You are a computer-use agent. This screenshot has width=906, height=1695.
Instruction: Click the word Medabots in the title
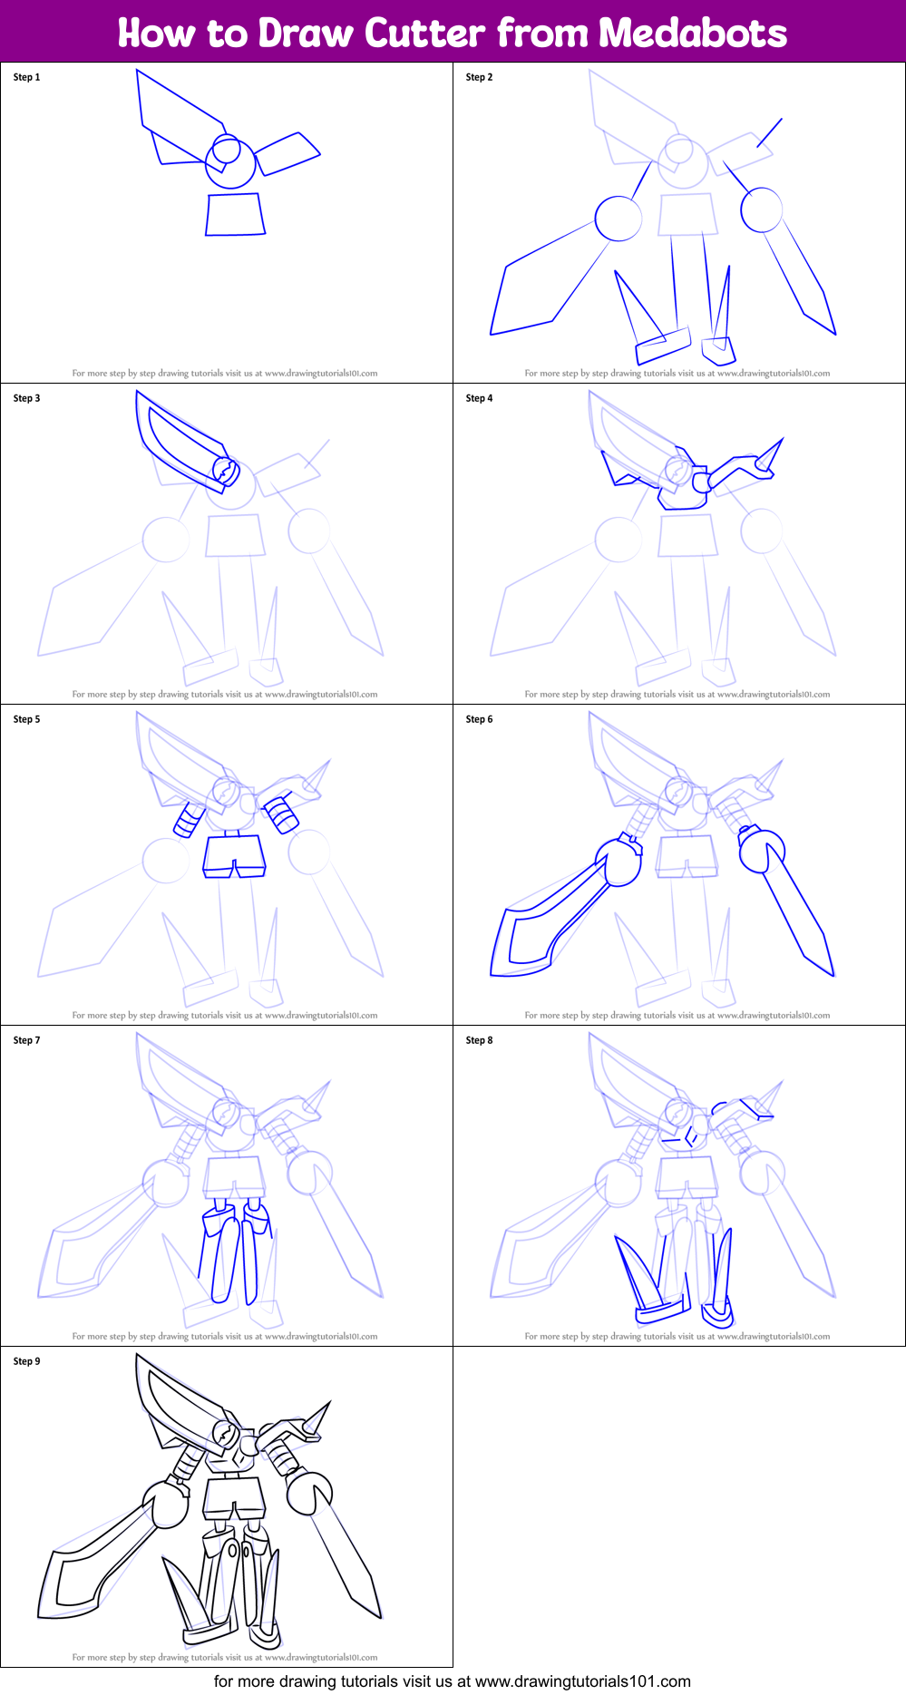pyautogui.click(x=692, y=34)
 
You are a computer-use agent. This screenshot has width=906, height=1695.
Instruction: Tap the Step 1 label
pyautogui.click(x=26, y=77)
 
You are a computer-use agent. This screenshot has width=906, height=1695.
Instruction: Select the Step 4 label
pyautogui.click(x=479, y=398)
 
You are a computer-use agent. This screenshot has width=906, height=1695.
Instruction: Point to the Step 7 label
pyautogui.click(x=26, y=1040)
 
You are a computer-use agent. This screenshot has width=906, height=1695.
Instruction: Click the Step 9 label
pyautogui.click(x=26, y=1361)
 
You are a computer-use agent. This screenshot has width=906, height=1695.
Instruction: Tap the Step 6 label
pyautogui.click(x=479, y=719)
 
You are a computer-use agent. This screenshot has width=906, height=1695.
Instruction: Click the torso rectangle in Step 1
pyautogui.click(x=235, y=215)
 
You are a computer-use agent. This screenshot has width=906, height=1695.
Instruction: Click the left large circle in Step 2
pyautogui.click(x=619, y=219)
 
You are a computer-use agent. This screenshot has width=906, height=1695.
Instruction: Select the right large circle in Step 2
pyautogui.click(x=761, y=209)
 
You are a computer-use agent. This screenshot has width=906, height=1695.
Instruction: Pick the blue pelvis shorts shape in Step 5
pyautogui.click(x=234, y=855)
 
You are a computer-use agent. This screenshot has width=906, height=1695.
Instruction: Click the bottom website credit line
pyautogui.click(x=452, y=1681)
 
